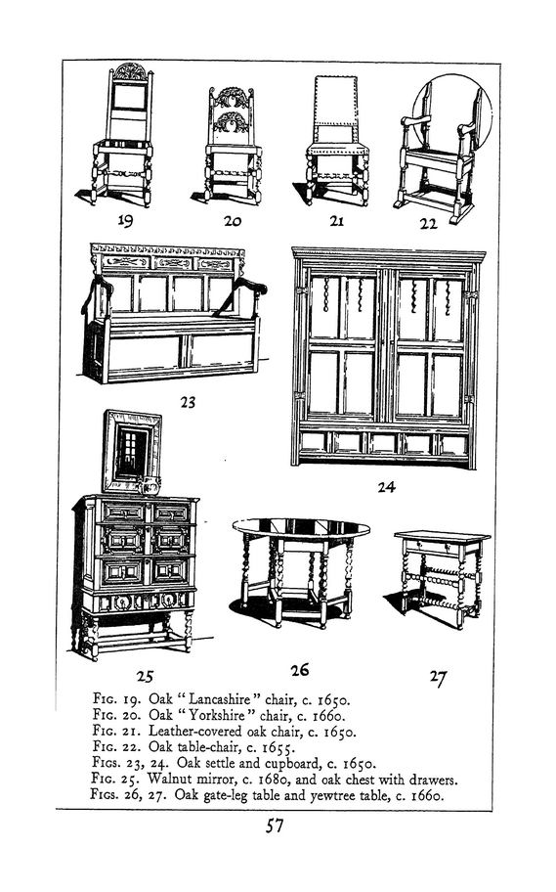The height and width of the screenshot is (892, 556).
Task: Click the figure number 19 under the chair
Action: pos(125,220)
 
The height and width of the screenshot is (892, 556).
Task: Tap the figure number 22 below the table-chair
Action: pos(429,224)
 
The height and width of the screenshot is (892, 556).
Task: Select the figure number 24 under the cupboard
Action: pos(387,487)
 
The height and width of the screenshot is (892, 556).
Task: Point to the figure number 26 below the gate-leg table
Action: pos(300,670)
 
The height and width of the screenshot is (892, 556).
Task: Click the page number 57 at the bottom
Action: pos(275,825)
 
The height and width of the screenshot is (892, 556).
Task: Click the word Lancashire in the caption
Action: pos(219,699)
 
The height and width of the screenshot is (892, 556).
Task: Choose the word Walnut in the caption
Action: pos(166,779)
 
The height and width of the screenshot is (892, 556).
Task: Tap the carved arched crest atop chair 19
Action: pos(130,71)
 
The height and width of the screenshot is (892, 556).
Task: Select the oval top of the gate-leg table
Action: pos(301,527)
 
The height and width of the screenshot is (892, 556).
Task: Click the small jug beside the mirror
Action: pos(150,485)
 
